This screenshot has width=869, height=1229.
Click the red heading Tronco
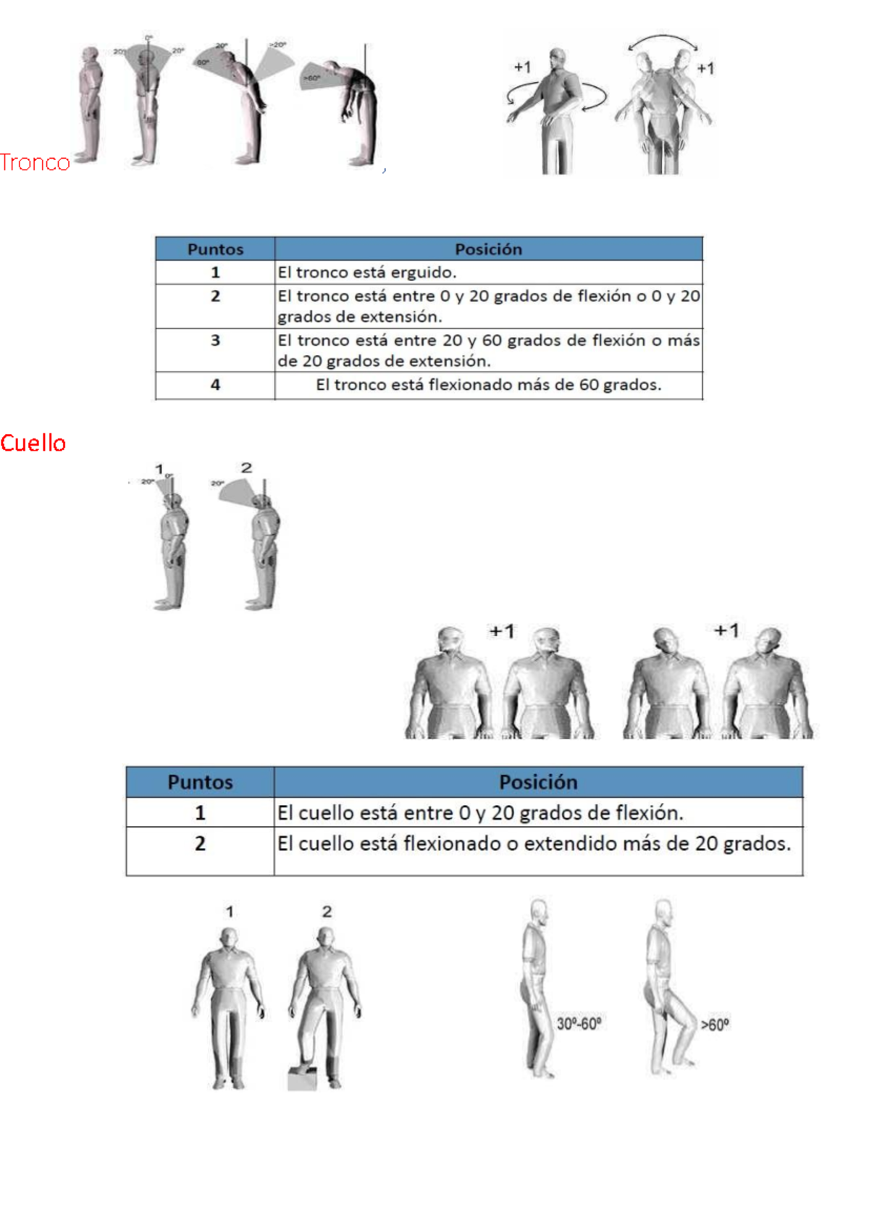coord(35,162)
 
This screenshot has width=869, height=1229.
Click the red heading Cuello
coord(33,443)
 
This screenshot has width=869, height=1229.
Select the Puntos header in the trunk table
coord(215,249)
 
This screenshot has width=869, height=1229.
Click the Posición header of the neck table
coord(538,782)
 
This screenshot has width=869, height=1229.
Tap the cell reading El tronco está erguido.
coord(367,272)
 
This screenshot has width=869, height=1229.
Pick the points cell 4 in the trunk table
coord(215,385)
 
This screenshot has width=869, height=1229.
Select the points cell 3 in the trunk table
coord(215,341)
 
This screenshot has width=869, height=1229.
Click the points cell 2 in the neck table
coord(200,843)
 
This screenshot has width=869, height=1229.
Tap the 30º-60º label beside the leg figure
coord(579,1024)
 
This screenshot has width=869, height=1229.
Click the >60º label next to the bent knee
coord(715,1025)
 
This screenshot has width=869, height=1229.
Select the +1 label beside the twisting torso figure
coord(522,67)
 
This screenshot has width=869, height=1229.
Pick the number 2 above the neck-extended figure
coord(246,468)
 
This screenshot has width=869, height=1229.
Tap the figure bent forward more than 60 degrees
coord(355,109)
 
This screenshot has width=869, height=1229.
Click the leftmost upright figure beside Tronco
coord(90,105)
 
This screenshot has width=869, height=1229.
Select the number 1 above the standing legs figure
coord(230,912)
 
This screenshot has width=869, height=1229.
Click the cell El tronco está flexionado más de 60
coord(488,385)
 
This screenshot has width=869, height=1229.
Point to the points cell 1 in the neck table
coord(200,813)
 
